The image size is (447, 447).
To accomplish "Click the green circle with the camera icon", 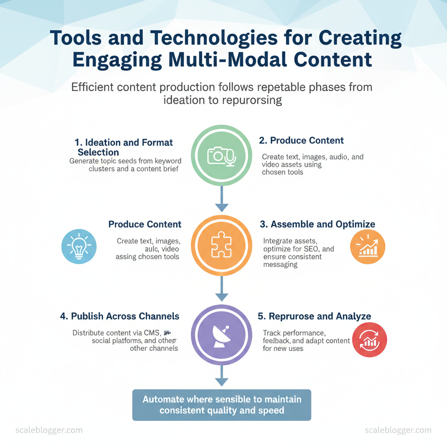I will pyautogui.click(x=222, y=156).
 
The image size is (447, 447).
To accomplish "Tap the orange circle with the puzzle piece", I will pyautogui.click(x=222, y=246).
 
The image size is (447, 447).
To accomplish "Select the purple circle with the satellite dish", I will pyautogui.click(x=222, y=335).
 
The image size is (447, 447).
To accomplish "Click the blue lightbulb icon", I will pyautogui.click(x=79, y=247).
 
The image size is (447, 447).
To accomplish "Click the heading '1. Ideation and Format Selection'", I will pyautogui.click(x=124, y=147).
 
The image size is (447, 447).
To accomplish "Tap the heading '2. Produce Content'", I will pyautogui.click(x=301, y=141).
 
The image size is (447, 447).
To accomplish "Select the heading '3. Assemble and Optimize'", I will pyautogui.click(x=317, y=224).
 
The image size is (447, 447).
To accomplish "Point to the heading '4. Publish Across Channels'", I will pyautogui.click(x=120, y=316).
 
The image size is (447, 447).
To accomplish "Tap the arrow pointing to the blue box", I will pyautogui.click(x=222, y=376).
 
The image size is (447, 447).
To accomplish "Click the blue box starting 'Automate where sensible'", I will pyautogui.click(x=222, y=405).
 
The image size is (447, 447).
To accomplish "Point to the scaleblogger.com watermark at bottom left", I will pyautogui.click(x=49, y=430).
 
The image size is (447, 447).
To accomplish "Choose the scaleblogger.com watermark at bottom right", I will pyautogui.click(x=398, y=430).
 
